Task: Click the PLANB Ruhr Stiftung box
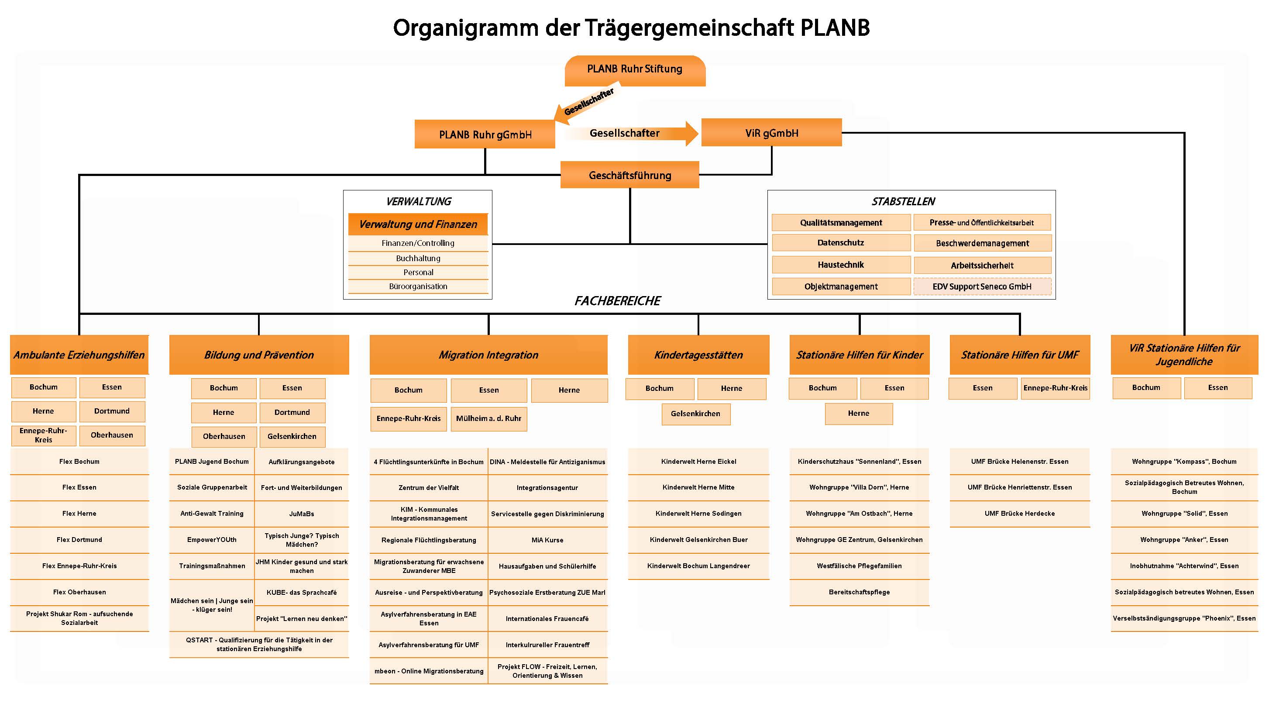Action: [635, 69]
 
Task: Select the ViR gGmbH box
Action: [771, 133]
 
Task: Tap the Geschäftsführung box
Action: [629, 176]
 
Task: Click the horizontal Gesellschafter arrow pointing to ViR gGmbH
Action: [630, 133]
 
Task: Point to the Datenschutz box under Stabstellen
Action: [840, 243]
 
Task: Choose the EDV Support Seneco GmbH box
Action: [982, 287]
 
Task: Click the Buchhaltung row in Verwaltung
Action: [418, 258]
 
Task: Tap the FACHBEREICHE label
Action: [617, 301]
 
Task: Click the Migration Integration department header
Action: [488, 355]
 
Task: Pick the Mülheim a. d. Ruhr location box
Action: [488, 419]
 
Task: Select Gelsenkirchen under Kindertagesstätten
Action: [695, 414]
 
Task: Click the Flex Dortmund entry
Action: [79, 540]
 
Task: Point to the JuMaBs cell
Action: [302, 514]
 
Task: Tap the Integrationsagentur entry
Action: [547, 488]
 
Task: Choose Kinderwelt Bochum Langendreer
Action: [698, 566]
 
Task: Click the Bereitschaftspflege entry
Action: [859, 592]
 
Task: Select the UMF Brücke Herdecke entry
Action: [1019, 514]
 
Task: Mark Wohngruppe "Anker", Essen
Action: [1184, 540]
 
